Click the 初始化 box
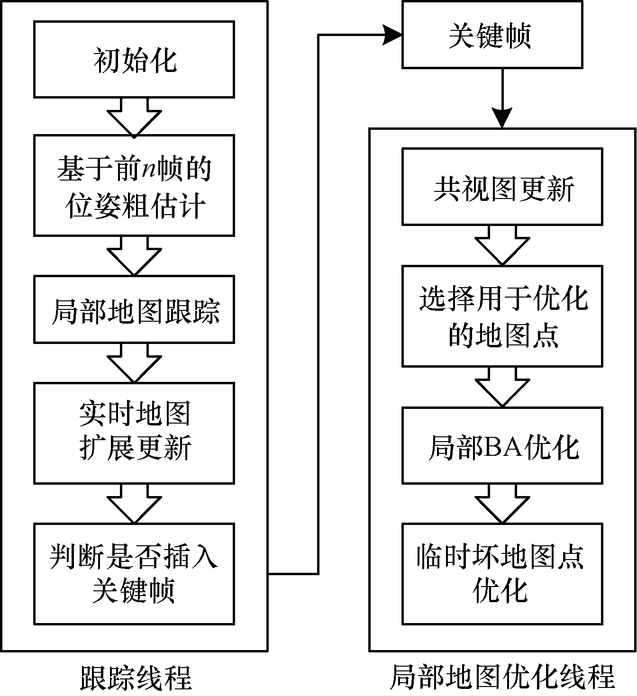click(134, 59)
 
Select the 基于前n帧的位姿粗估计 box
click(134, 185)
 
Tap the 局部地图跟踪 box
click(134, 310)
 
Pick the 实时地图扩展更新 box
click(134, 433)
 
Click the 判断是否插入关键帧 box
click(134, 573)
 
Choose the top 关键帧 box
click(492, 35)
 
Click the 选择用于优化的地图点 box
click(502, 316)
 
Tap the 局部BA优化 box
click(502, 445)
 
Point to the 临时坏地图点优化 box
click(502, 573)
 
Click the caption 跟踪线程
click(136, 677)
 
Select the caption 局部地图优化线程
click(502, 677)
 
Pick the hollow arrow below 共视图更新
click(502, 244)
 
